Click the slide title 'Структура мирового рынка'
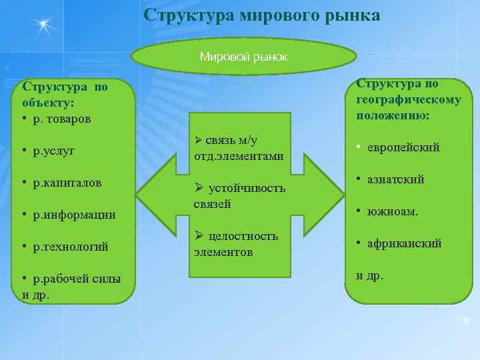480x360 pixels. pos(262,15)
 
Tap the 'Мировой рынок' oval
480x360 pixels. pos(243,57)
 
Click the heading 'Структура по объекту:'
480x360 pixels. pos(63,95)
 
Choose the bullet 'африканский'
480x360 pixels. pos(404,243)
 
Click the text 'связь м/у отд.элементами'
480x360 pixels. pos(239,148)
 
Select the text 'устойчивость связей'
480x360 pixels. pos(239,196)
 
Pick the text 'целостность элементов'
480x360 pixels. pos(237,244)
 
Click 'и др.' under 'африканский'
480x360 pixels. pos(370,275)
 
